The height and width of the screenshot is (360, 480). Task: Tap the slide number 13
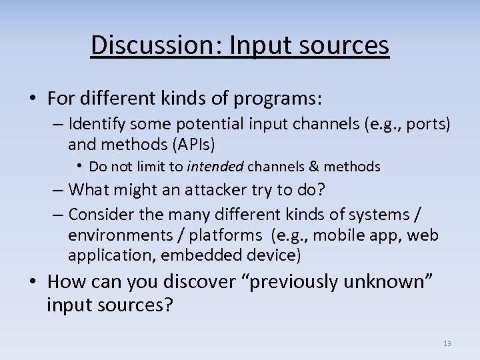click(447, 343)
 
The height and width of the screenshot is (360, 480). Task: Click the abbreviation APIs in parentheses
click(205, 143)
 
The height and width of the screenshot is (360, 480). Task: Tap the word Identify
click(98, 125)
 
